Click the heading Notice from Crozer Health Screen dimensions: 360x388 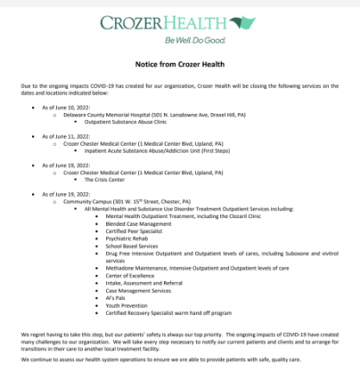pos(180,65)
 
